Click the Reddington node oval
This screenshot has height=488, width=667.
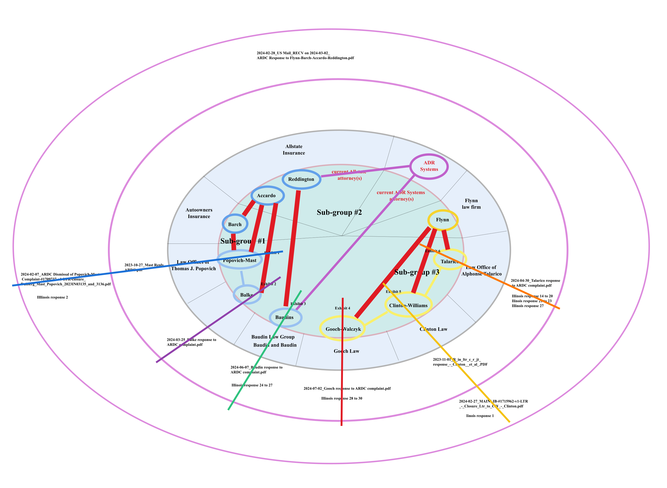point(301,179)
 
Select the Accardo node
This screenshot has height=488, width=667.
point(267,196)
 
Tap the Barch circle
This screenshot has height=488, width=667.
point(235,224)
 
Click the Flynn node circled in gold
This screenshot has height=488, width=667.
point(443,220)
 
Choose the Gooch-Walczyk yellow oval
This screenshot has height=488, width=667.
point(342,329)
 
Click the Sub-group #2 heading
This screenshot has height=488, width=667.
point(339,212)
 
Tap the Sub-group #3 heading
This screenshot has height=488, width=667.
point(417,272)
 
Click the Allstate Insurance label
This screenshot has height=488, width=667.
point(294,149)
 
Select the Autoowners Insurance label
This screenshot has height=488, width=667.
point(199,213)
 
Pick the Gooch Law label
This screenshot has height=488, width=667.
point(346,351)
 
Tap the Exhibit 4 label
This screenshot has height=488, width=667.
point(342,308)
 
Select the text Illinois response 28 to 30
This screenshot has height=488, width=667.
point(342,398)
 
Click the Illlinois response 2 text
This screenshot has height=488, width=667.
point(52,297)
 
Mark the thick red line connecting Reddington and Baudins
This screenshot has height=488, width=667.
point(292,248)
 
